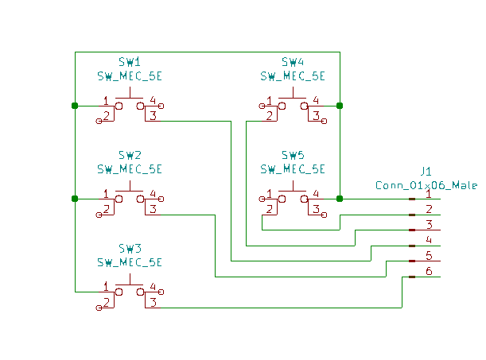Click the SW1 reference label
pyautogui.click(x=130, y=62)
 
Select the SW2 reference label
pyautogui.click(x=130, y=155)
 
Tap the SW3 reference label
pyautogui.click(x=130, y=248)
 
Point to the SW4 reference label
pyautogui.click(x=293, y=62)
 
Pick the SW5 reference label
pyautogui.click(x=293, y=155)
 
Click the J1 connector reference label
pyautogui.click(x=426, y=171)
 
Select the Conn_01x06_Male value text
pyautogui.click(x=426, y=185)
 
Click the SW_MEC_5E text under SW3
pyautogui.click(x=130, y=262)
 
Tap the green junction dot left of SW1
pyautogui.click(x=75, y=106)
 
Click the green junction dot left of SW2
pyautogui.click(x=75, y=199)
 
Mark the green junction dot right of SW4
pyautogui.click(x=340, y=106)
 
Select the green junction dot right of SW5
pyautogui.click(x=340, y=199)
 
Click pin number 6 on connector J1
pyautogui.click(x=429, y=271)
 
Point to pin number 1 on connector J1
pyautogui.click(x=429, y=193)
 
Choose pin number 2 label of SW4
pyautogui.click(x=270, y=116)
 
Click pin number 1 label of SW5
pyautogui.click(x=270, y=193)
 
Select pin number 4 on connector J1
pyautogui.click(x=429, y=240)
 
